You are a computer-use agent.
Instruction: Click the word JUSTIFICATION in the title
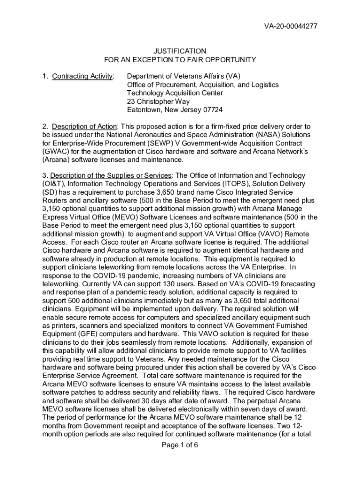[180, 51]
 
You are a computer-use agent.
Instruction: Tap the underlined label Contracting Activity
[83, 76]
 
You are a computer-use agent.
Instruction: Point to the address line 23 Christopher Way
[159, 102]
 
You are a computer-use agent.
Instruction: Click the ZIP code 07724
[213, 110]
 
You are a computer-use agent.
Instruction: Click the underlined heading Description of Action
[84, 126]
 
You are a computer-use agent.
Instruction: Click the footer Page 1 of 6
[180, 445]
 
